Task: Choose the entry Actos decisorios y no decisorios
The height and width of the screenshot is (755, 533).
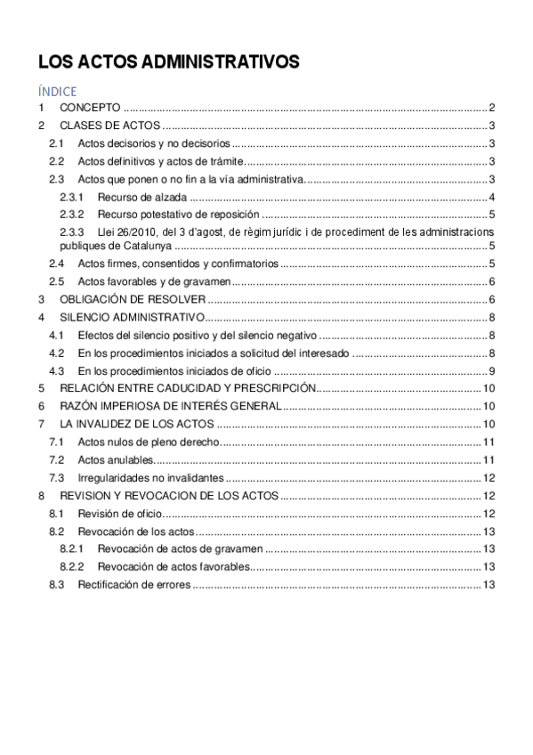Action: pos(153,143)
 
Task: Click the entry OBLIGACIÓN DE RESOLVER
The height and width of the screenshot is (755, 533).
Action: pos(133,299)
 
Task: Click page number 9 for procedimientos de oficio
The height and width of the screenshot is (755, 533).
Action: pos(492,370)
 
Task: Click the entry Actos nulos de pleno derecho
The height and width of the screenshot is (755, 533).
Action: pos(147,442)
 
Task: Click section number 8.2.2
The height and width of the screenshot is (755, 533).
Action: pos(71,566)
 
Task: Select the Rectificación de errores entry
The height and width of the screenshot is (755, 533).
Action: pos(134,584)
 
